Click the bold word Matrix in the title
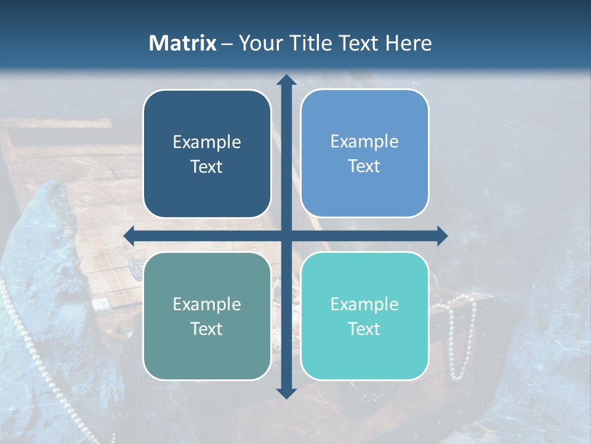point(183,43)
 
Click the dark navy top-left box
point(207,154)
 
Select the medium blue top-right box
point(364,154)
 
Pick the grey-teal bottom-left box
point(207,316)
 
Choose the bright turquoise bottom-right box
point(364,316)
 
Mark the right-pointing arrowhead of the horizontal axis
point(441,236)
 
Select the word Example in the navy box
point(207,142)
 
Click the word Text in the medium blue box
point(364,166)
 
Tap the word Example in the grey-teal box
point(207,304)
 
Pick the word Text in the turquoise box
point(364,329)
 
